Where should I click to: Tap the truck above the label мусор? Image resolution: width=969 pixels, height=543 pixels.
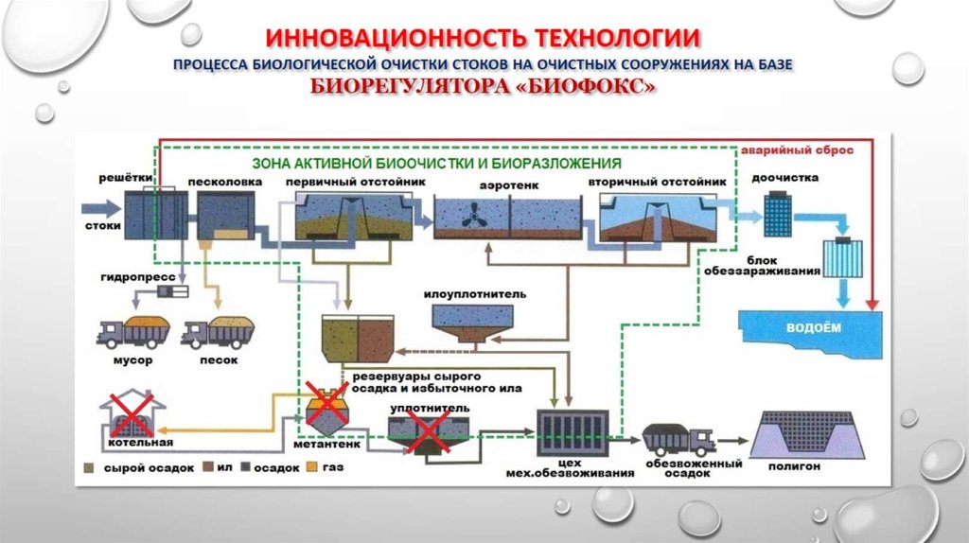[x=134, y=332]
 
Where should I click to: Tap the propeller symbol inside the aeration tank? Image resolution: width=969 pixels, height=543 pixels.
[x=469, y=216]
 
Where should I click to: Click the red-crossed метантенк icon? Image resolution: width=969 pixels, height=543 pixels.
[x=327, y=408]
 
